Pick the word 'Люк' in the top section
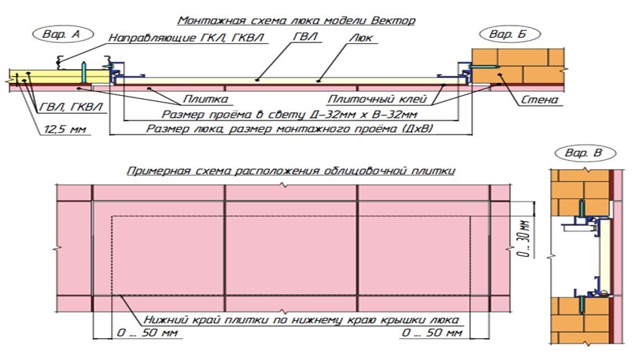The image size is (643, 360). point(361,38)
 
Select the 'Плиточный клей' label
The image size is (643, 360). point(377,99)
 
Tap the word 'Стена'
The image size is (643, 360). point(539,99)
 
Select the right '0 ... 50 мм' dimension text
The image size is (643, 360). point(429,332)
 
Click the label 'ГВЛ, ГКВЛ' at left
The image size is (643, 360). point(61,108)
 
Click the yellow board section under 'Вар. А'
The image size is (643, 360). point(45,75)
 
